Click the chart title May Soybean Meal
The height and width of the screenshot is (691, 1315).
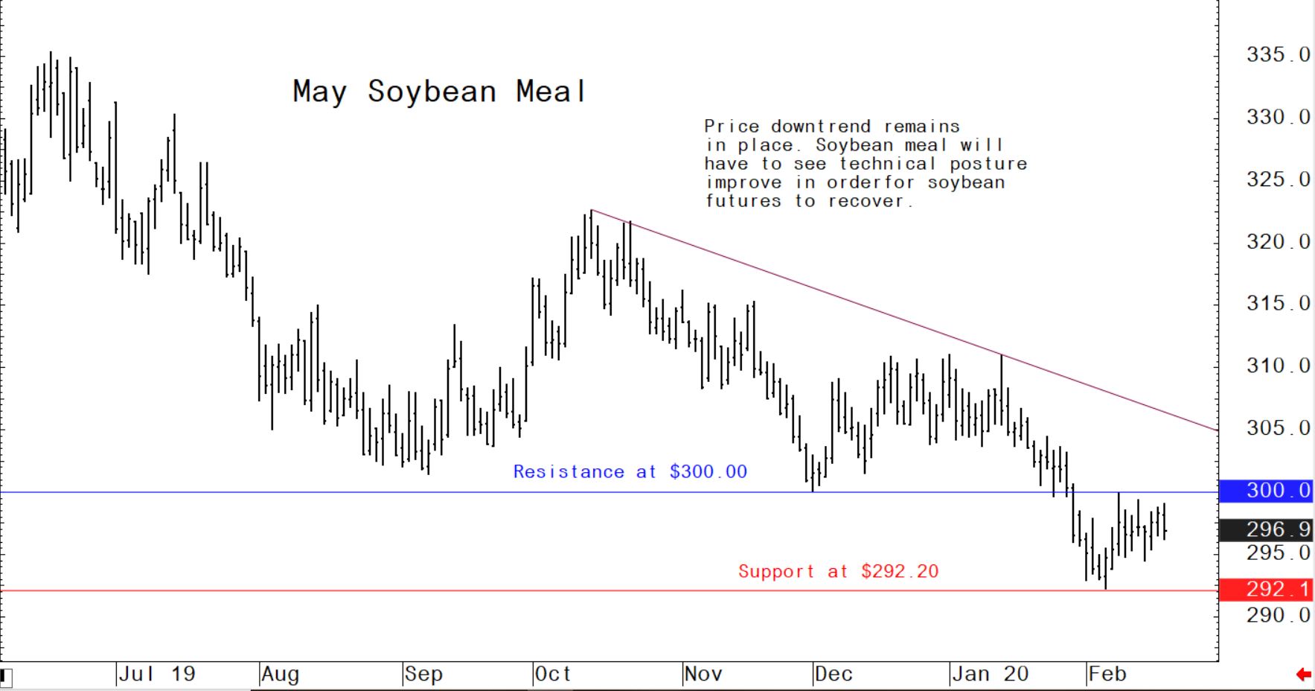click(439, 92)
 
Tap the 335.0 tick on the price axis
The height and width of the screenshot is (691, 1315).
click(1278, 55)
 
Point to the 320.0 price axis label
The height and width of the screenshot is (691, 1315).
click(1278, 242)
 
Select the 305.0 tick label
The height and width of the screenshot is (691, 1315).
click(1278, 428)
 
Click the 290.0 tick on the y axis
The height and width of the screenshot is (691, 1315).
click(1278, 615)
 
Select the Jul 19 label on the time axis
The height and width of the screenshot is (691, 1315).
click(157, 675)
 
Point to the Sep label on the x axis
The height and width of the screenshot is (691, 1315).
click(423, 675)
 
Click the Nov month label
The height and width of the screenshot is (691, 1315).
click(703, 675)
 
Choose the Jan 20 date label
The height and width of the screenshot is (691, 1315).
click(990, 675)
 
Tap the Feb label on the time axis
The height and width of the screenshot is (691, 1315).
click(1107, 675)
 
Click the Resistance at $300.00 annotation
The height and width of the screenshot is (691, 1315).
click(630, 472)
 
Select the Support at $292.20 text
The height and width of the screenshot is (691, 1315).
click(838, 572)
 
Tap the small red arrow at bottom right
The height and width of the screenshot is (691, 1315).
click(1303, 675)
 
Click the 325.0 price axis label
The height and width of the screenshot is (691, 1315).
click(1278, 179)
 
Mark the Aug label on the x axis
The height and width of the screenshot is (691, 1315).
click(280, 675)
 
